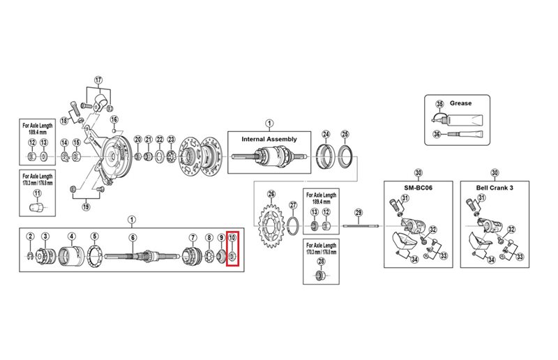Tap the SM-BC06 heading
pyautogui.click(x=418, y=189)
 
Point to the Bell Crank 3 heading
pyautogui.click(x=495, y=189)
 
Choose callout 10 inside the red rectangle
pyautogui.click(x=233, y=239)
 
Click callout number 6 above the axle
pyautogui.click(x=132, y=237)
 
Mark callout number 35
pyautogui.click(x=439, y=104)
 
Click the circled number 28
pyautogui.click(x=321, y=262)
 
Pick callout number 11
pyautogui.click(x=36, y=193)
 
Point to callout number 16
pyautogui.click(x=114, y=119)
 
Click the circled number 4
pyautogui.click(x=71, y=237)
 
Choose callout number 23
pyautogui.click(x=172, y=139)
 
